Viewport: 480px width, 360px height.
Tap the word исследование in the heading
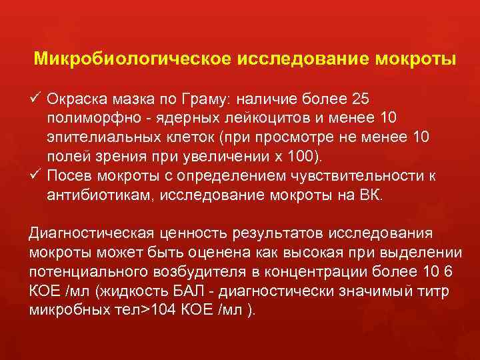tap(291, 58)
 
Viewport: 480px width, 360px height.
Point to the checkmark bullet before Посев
tap(35, 176)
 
